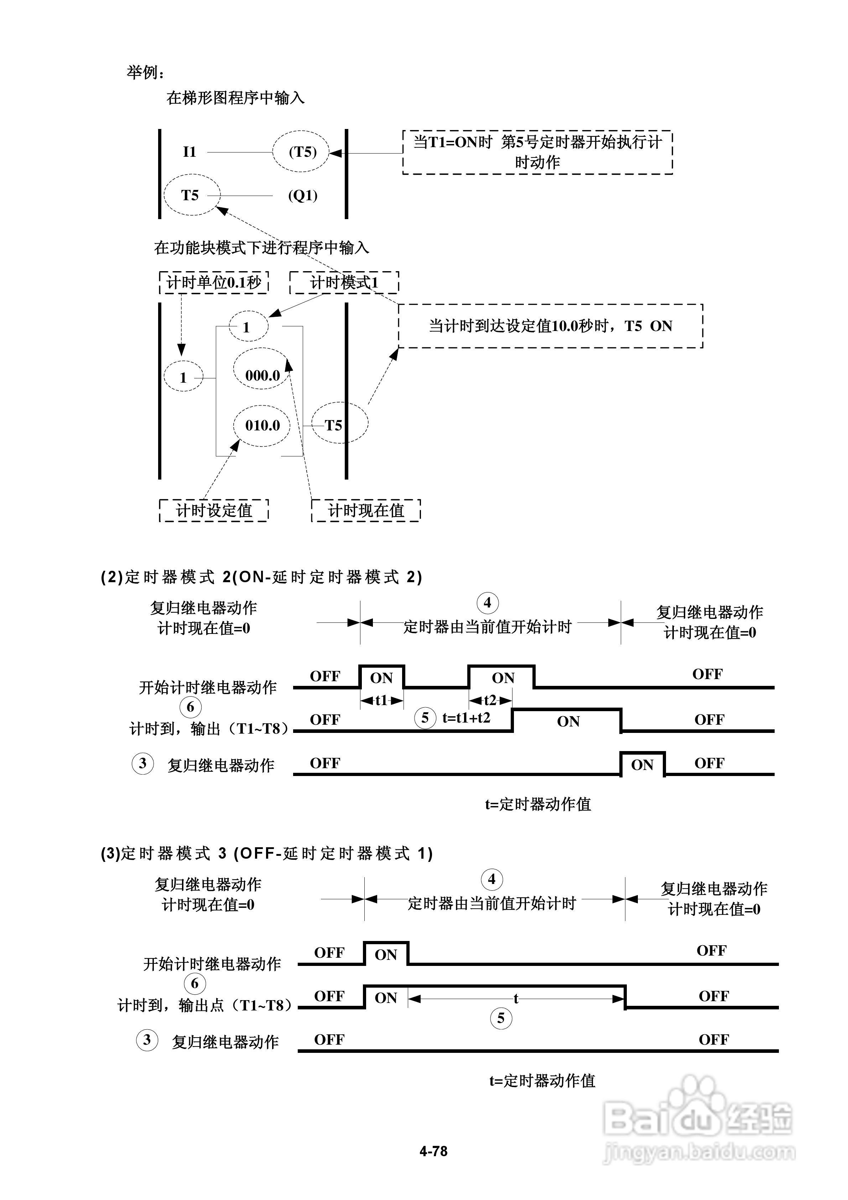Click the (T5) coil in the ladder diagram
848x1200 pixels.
(x=302, y=152)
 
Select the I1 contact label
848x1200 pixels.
(x=189, y=152)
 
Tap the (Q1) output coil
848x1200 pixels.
(x=302, y=196)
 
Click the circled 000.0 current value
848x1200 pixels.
(x=262, y=375)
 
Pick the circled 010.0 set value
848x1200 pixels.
(x=262, y=425)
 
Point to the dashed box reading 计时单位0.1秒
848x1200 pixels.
(x=214, y=283)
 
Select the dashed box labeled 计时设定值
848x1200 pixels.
(x=214, y=511)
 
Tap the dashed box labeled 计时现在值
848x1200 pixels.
(x=366, y=511)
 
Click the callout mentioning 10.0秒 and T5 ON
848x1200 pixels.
(x=550, y=326)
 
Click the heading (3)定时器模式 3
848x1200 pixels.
(x=266, y=853)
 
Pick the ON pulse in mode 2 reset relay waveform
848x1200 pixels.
(x=642, y=765)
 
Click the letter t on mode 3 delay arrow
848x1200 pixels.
(x=516, y=999)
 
